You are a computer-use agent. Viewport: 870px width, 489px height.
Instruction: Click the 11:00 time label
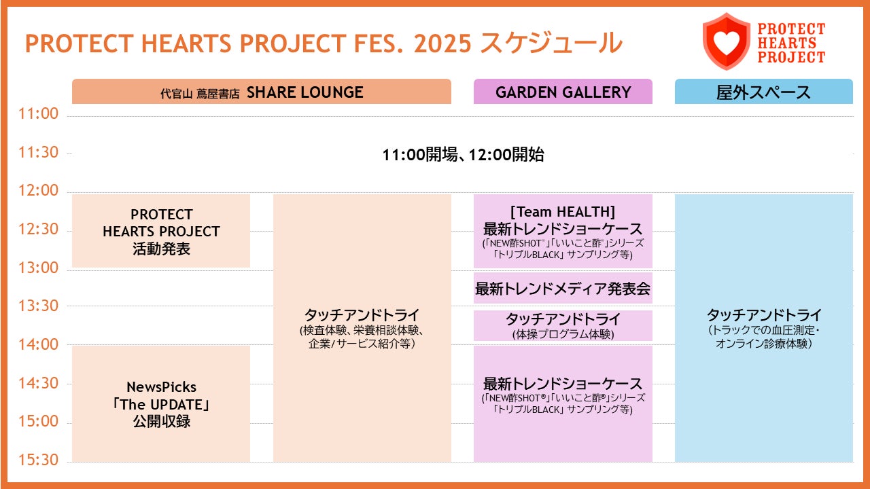(39, 113)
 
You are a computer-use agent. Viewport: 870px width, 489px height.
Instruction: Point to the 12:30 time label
(39, 230)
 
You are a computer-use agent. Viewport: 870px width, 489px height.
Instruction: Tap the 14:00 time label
(39, 344)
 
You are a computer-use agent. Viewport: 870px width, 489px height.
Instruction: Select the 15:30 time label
(39, 460)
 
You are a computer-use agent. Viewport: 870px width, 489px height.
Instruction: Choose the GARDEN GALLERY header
(563, 92)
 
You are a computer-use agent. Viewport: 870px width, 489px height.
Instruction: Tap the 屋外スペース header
(763, 92)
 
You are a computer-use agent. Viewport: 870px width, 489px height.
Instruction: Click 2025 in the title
(442, 43)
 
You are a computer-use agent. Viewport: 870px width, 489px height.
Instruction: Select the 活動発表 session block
(161, 232)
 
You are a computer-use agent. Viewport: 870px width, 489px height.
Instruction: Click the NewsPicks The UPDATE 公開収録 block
(161, 404)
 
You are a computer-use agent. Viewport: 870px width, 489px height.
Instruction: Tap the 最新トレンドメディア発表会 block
(563, 289)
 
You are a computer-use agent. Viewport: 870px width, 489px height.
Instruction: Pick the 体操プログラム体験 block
(563, 325)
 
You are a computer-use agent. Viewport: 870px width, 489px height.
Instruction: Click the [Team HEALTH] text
(563, 212)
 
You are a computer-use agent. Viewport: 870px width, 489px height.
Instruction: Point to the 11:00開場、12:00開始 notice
(463, 155)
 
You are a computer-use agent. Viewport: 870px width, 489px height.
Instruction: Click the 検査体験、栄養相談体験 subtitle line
(362, 330)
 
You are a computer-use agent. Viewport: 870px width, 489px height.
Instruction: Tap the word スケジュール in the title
(551, 43)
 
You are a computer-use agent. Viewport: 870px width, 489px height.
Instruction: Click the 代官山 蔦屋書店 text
(200, 94)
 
